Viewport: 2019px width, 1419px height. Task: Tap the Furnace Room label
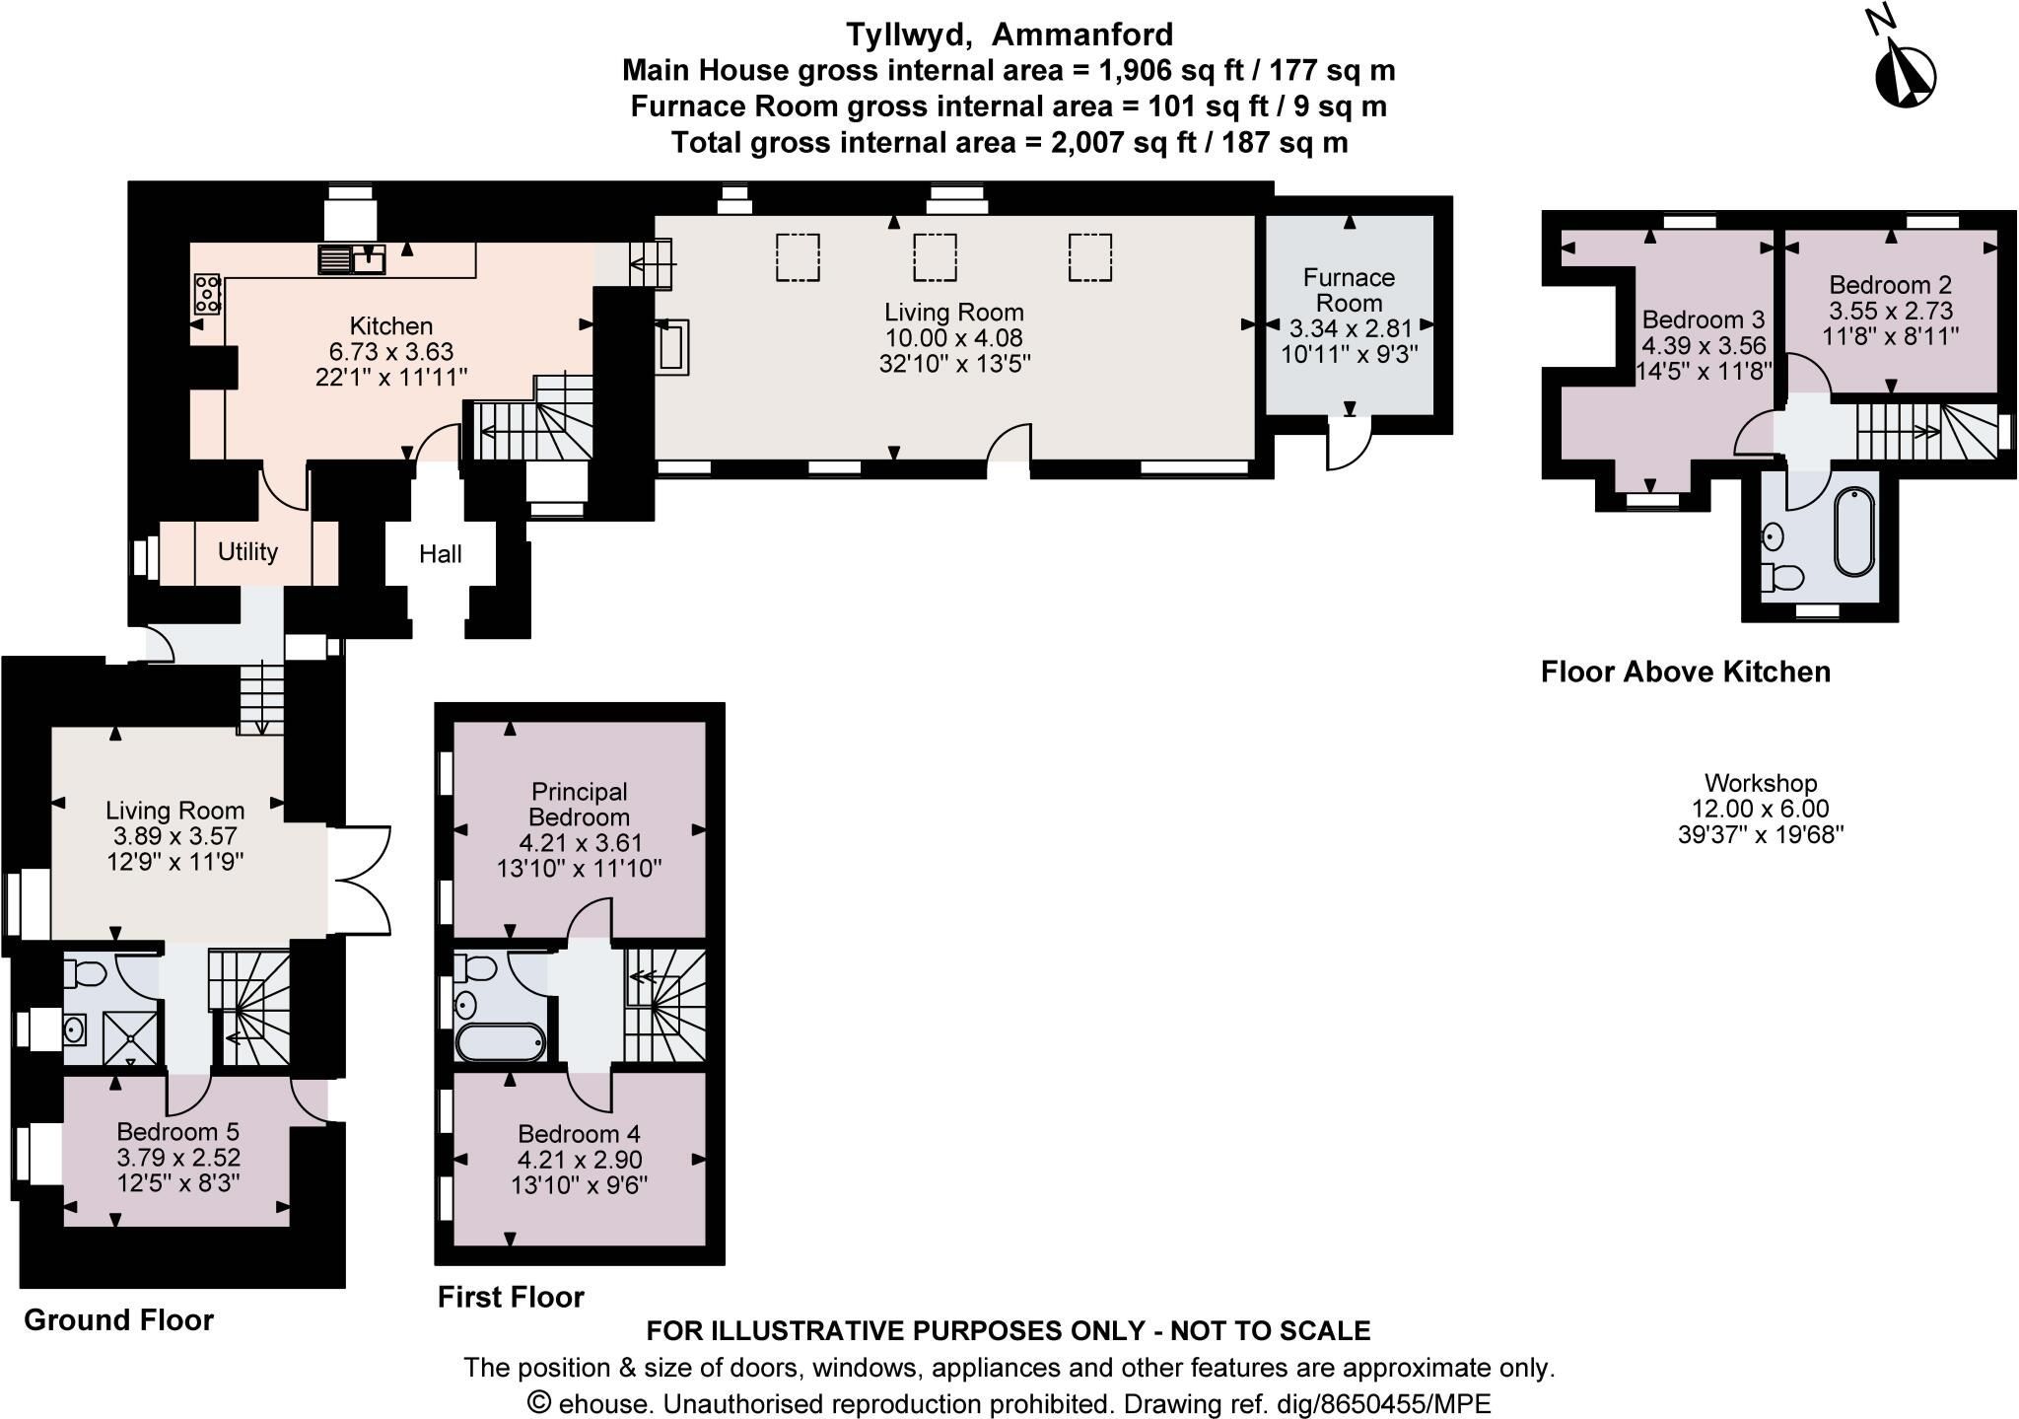pos(1349,290)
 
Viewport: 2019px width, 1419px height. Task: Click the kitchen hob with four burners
pos(207,294)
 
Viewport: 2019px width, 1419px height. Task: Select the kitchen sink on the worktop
pos(352,259)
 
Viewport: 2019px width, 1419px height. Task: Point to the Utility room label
pos(247,551)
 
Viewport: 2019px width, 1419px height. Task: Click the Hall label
pos(441,554)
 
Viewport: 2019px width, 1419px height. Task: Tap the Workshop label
pos(1761,783)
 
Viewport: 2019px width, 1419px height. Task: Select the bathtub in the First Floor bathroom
pos(500,1041)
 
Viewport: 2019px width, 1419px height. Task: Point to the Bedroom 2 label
pos(1890,285)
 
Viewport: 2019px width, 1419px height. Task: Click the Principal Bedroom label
pos(580,804)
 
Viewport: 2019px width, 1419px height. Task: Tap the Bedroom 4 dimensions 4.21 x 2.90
pos(580,1159)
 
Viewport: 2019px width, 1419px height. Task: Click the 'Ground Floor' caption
pos(118,1319)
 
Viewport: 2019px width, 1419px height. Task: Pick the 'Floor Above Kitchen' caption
pos(1686,672)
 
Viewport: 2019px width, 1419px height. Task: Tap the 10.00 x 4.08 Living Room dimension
pos(953,337)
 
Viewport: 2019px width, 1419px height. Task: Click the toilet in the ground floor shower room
pos(85,974)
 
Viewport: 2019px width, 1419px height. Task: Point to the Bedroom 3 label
pos(1703,319)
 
